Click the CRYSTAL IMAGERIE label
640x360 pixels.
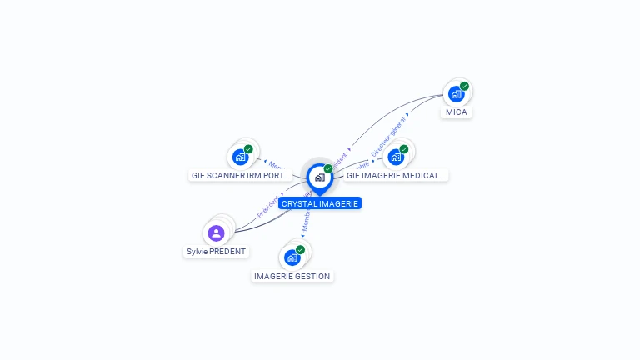point(320,203)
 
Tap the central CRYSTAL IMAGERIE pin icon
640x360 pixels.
point(319,177)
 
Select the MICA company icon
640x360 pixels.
point(456,94)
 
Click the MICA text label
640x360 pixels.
point(457,112)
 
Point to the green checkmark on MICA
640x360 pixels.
point(464,86)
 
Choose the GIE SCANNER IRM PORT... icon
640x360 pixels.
point(240,157)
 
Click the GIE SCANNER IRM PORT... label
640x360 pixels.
point(241,176)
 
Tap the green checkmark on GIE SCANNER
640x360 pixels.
point(248,149)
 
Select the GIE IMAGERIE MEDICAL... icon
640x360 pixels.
point(396,157)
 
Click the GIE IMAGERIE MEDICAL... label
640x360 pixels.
point(397,176)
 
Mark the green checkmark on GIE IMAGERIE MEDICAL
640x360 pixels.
point(404,149)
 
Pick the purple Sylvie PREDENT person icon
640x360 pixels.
point(217,232)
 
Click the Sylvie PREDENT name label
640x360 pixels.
point(216,251)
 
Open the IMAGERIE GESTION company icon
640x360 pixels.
point(292,257)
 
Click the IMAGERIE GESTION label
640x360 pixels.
point(292,277)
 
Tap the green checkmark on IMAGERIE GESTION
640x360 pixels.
point(300,249)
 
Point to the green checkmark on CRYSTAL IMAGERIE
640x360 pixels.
point(328,169)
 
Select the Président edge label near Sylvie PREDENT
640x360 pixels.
point(269,206)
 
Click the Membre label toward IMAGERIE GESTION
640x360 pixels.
point(305,221)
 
